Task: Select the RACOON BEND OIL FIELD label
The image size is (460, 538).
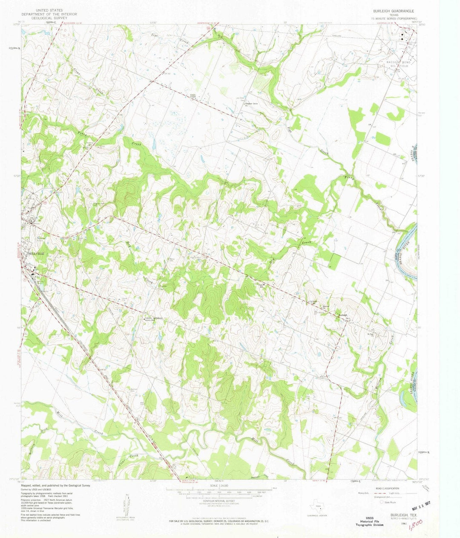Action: pos(397,64)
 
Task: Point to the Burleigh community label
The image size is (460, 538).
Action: pos(344,315)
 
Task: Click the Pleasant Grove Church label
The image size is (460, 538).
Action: pos(251,104)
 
